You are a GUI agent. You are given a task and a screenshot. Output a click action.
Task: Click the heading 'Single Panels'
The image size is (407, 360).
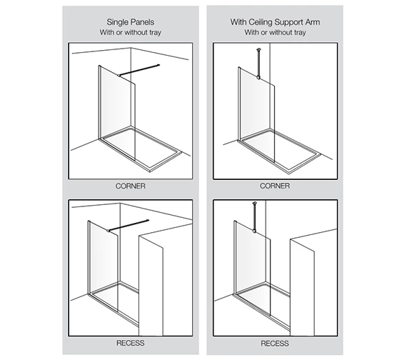click(131, 21)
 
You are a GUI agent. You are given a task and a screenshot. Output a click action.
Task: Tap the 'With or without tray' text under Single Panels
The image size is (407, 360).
click(131, 34)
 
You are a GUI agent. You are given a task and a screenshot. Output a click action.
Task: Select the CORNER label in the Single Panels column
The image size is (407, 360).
click(131, 186)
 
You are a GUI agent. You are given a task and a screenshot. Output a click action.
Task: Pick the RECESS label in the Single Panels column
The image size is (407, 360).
click(131, 343)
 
